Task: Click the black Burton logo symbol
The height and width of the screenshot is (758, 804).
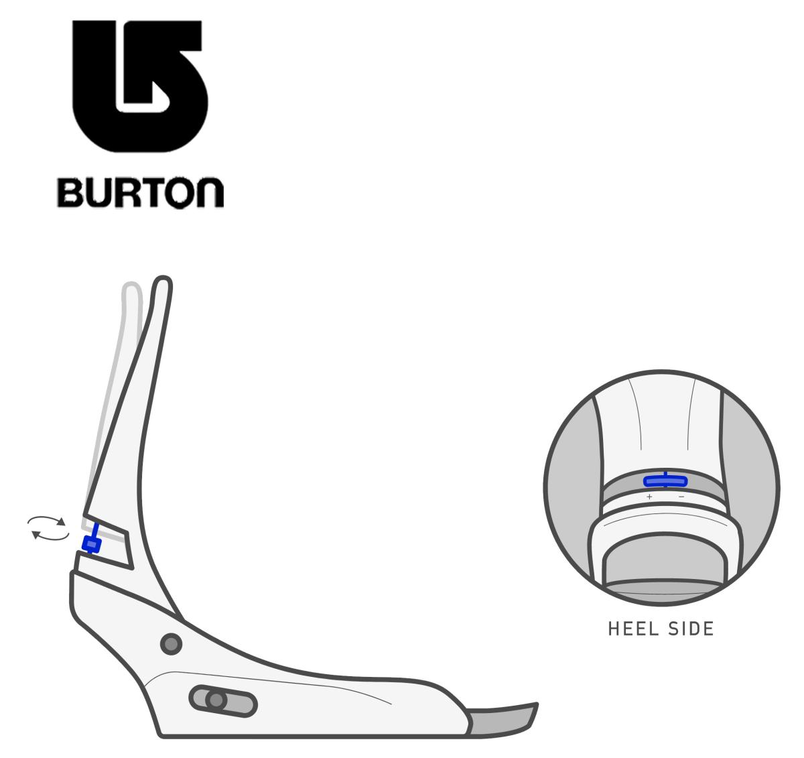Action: click(139, 86)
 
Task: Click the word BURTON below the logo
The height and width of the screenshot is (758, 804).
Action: click(141, 192)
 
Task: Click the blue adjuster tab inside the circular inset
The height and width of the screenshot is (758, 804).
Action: click(665, 481)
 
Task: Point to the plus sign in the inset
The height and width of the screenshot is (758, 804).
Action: click(649, 497)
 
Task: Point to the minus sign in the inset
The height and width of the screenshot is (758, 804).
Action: click(681, 497)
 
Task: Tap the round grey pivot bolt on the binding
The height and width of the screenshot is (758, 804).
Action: click(172, 644)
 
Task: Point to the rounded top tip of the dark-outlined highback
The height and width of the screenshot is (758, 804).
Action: click(163, 279)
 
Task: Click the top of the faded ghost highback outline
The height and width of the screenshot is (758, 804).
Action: click(132, 284)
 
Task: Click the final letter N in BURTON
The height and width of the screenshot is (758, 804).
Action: click(210, 193)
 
